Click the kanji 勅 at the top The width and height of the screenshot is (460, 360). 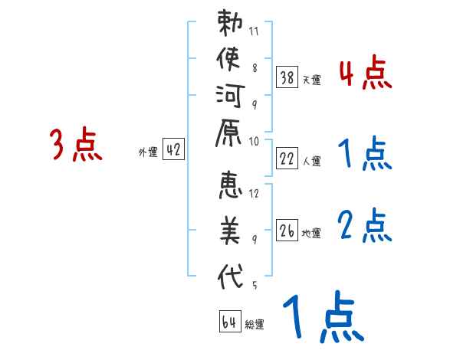tap(231, 25)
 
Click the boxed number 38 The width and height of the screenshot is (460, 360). tap(287, 77)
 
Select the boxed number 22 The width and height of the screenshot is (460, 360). tap(287, 159)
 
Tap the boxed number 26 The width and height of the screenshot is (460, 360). tap(287, 231)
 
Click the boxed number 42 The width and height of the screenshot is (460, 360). tap(173, 150)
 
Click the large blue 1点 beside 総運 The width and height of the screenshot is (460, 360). tap(321, 317)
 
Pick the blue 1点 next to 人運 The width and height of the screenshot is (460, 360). tap(365, 154)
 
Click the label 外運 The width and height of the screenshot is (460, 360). tap(148, 152)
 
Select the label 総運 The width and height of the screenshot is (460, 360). tap(254, 325)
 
